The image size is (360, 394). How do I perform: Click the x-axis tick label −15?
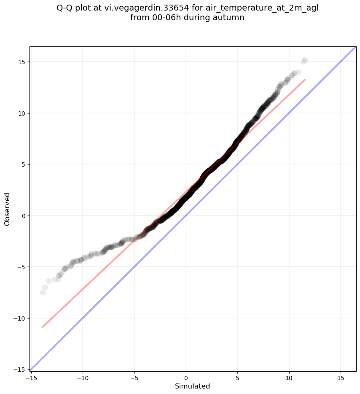click(x=31, y=378)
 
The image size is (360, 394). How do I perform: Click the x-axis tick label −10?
click(x=83, y=378)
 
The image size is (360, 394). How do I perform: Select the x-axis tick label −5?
click(x=134, y=378)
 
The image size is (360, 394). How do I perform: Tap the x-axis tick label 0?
click(x=186, y=378)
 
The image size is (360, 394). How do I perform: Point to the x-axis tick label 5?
click(x=237, y=378)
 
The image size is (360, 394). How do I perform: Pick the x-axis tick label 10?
click(x=289, y=378)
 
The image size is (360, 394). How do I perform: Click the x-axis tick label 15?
click(x=341, y=378)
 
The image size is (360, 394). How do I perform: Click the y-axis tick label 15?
click(x=21, y=62)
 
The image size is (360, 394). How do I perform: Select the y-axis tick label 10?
click(x=21, y=113)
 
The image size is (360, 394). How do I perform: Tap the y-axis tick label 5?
click(x=23, y=165)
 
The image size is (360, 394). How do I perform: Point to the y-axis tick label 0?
click(x=23, y=216)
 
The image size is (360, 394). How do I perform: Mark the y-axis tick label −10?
click(x=19, y=318)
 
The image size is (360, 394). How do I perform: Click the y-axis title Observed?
click(x=7, y=209)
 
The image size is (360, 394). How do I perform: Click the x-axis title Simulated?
click(x=192, y=386)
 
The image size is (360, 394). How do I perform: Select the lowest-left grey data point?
click(x=43, y=292)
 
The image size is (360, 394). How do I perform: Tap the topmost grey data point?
click(x=305, y=60)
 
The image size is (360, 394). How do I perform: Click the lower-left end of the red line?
click(x=42, y=327)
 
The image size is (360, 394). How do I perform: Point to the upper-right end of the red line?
click(x=305, y=79)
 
